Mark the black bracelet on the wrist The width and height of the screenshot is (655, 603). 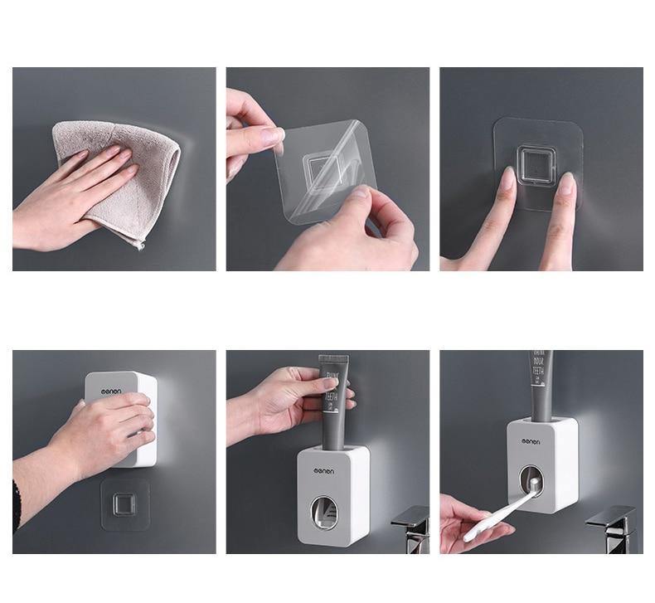pyautogui.click(x=17, y=506)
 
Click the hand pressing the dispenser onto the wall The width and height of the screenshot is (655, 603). pyautogui.click(x=108, y=431)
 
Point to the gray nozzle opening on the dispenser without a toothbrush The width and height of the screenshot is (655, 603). pyautogui.click(x=328, y=514)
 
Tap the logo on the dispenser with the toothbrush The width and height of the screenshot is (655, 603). pyautogui.click(x=530, y=441)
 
